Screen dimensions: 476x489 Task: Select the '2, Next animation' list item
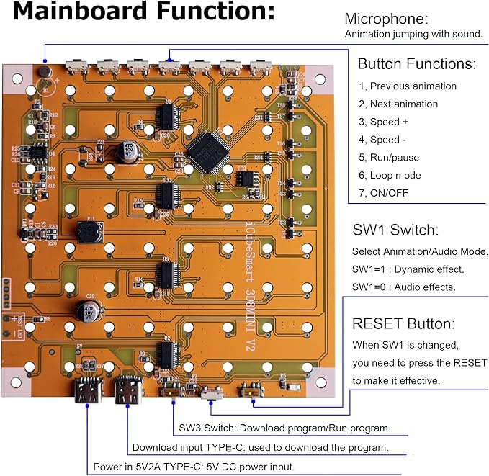398,104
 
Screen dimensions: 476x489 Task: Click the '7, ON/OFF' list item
385,193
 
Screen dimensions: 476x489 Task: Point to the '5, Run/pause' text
389,157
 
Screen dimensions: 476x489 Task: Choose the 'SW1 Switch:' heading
394,230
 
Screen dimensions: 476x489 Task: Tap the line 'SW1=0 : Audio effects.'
403,287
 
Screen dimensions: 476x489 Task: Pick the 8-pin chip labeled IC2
245,176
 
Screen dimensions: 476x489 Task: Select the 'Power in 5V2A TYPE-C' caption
194,467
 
